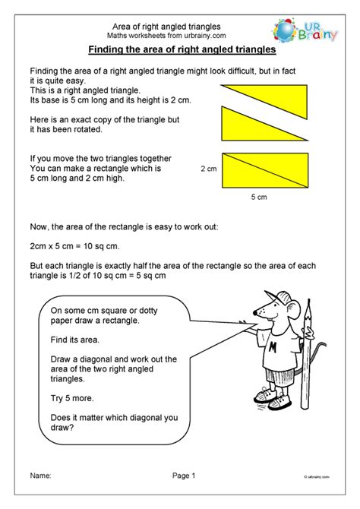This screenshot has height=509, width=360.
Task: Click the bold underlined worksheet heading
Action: click(x=181, y=51)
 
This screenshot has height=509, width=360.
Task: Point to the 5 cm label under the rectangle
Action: click(x=259, y=198)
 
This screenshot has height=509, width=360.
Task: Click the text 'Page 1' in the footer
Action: click(x=183, y=476)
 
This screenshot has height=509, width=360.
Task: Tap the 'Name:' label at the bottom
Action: click(x=41, y=476)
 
